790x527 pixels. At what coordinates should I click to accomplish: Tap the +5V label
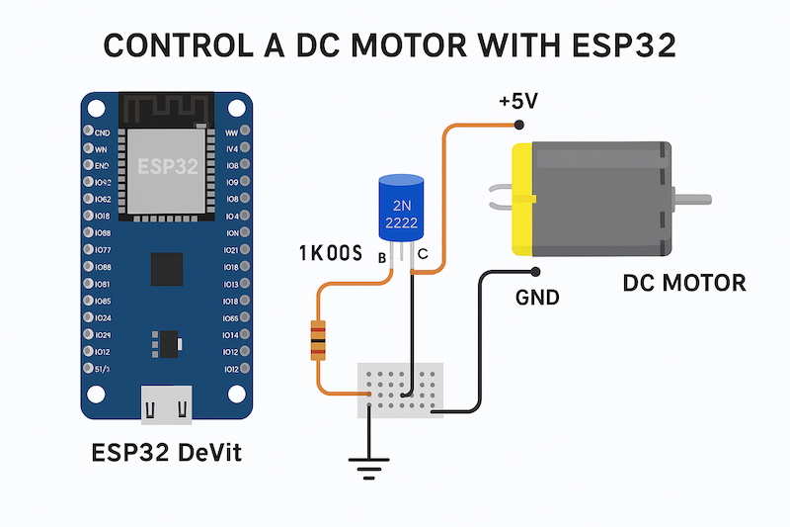(x=517, y=102)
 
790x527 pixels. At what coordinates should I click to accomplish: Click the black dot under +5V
(x=518, y=125)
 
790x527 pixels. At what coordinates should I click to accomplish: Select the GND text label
(x=537, y=297)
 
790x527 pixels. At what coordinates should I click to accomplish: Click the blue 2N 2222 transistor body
(x=403, y=210)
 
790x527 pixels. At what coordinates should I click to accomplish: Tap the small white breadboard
(x=400, y=388)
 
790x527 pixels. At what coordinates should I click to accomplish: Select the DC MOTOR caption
(x=684, y=284)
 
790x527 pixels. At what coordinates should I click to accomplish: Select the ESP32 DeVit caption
(x=166, y=454)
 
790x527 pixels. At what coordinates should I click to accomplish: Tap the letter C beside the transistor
(x=422, y=257)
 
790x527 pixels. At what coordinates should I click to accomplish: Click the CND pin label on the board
(x=102, y=132)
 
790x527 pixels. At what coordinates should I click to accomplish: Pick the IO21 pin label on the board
(x=231, y=249)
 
